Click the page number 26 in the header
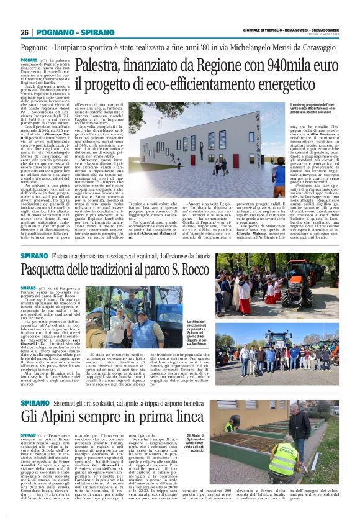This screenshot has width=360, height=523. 25,32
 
